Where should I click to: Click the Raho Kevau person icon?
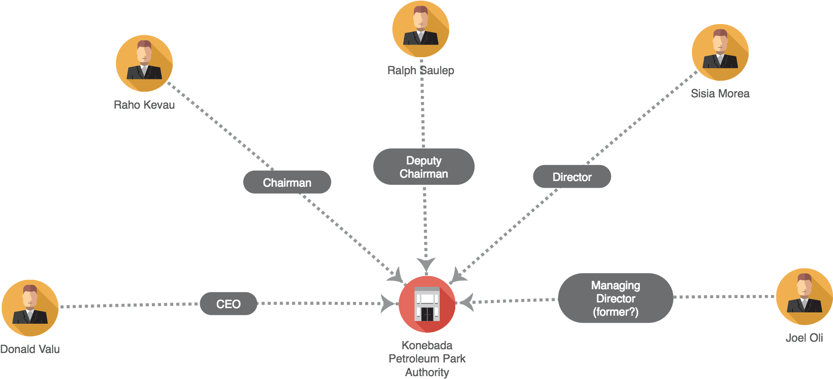click(x=144, y=63)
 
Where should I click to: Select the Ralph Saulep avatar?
click(x=421, y=29)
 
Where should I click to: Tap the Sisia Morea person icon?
click(x=720, y=52)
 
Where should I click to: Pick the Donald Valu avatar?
click(x=30, y=308)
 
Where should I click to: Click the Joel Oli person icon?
click(x=804, y=296)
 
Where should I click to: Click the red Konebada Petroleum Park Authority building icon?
click(x=427, y=304)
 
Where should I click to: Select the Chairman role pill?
click(x=287, y=182)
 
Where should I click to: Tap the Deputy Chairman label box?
click(x=424, y=167)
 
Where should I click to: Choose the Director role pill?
click(x=572, y=177)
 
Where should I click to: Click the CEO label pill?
click(x=229, y=304)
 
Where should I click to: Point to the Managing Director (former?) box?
click(x=615, y=298)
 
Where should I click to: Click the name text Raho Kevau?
click(x=144, y=105)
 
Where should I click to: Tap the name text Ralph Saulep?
click(x=421, y=70)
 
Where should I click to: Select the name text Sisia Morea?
click(x=720, y=94)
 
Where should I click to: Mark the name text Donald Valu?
click(x=30, y=349)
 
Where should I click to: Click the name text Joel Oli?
click(x=804, y=338)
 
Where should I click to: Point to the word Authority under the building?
click(x=427, y=372)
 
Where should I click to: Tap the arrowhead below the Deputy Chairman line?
click(x=426, y=265)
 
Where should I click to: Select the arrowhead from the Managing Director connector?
click(x=467, y=302)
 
